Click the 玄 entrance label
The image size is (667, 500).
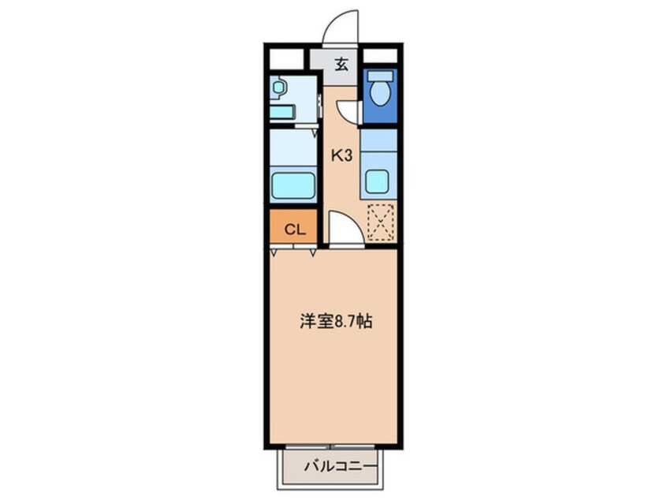coord(341,65)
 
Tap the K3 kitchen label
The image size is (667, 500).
coord(341,156)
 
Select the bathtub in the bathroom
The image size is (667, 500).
coord(293,187)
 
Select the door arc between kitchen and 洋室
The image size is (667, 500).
coord(344,228)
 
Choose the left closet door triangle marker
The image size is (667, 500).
coord(274,252)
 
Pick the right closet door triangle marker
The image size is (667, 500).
coord(314,252)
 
